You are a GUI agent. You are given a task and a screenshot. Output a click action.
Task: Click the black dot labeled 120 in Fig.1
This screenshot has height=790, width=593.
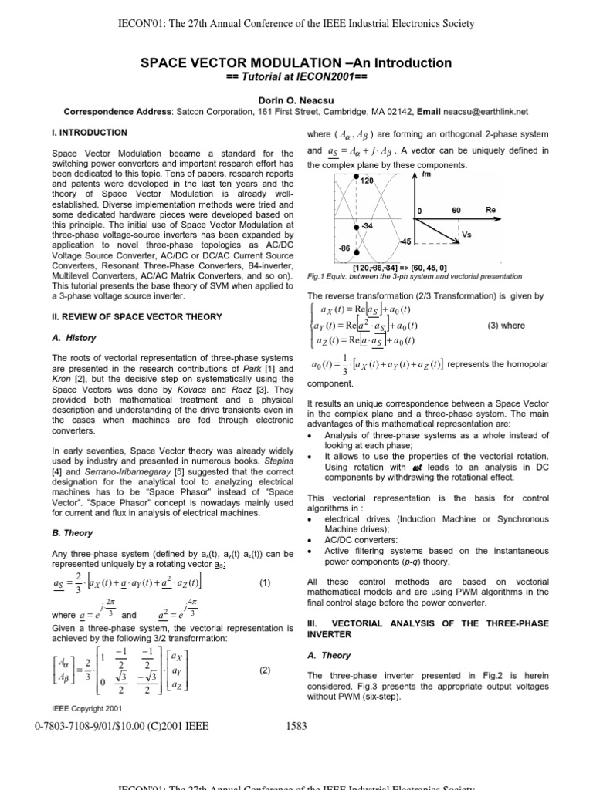tap(356, 177)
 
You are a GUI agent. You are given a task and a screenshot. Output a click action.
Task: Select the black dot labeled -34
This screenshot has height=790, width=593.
tap(356, 227)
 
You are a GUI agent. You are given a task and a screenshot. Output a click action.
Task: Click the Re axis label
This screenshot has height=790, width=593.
tap(490, 209)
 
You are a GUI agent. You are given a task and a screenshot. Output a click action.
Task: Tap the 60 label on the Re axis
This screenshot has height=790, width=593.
tap(456, 209)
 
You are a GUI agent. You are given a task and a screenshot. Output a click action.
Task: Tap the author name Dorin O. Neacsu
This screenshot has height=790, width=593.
tap(296, 98)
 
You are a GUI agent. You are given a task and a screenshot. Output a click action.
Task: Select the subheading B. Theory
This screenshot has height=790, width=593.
tap(71, 533)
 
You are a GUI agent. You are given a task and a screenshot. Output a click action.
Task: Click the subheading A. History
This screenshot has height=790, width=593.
tap(74, 337)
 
